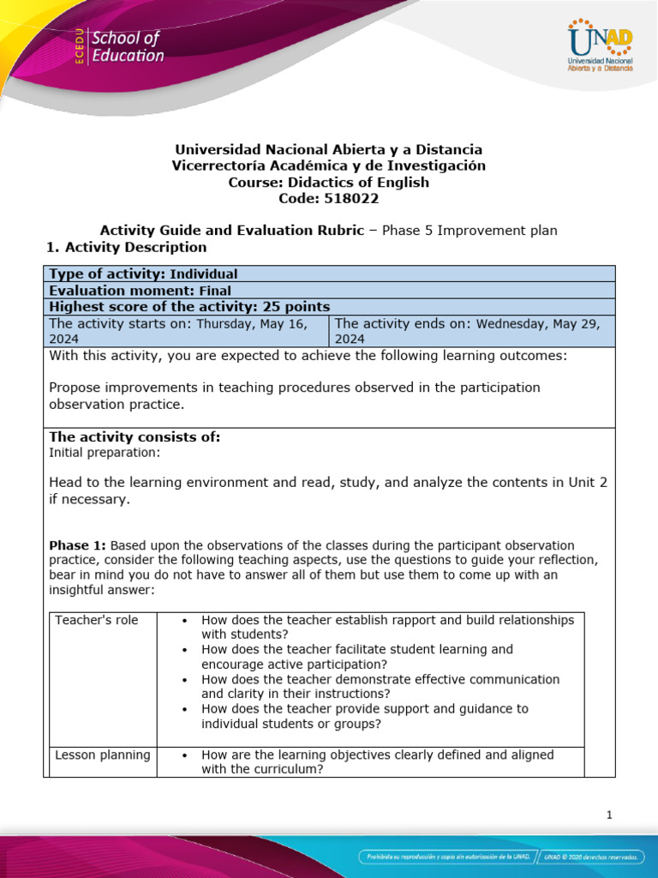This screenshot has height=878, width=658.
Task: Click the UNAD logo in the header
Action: click(599, 48)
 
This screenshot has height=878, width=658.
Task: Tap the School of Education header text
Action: click(127, 47)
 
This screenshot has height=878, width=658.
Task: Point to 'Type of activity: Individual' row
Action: click(143, 274)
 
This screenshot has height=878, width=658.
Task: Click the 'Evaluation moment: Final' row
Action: click(140, 290)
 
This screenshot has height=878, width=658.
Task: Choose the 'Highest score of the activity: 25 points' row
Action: click(189, 306)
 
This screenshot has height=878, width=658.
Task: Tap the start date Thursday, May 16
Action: click(250, 323)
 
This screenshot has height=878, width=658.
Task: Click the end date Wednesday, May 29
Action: click(539, 323)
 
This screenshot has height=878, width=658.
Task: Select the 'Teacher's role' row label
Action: click(95, 620)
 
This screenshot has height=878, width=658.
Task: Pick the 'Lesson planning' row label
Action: click(102, 755)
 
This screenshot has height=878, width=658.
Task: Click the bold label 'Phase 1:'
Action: click(77, 545)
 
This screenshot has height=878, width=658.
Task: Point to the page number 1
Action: click(608, 815)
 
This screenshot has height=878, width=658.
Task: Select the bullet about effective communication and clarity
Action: click(380, 686)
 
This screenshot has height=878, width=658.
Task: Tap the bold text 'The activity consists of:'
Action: click(135, 437)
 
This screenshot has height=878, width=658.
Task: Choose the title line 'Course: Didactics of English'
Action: click(328, 182)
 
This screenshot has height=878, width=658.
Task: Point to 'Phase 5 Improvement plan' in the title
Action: click(469, 230)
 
